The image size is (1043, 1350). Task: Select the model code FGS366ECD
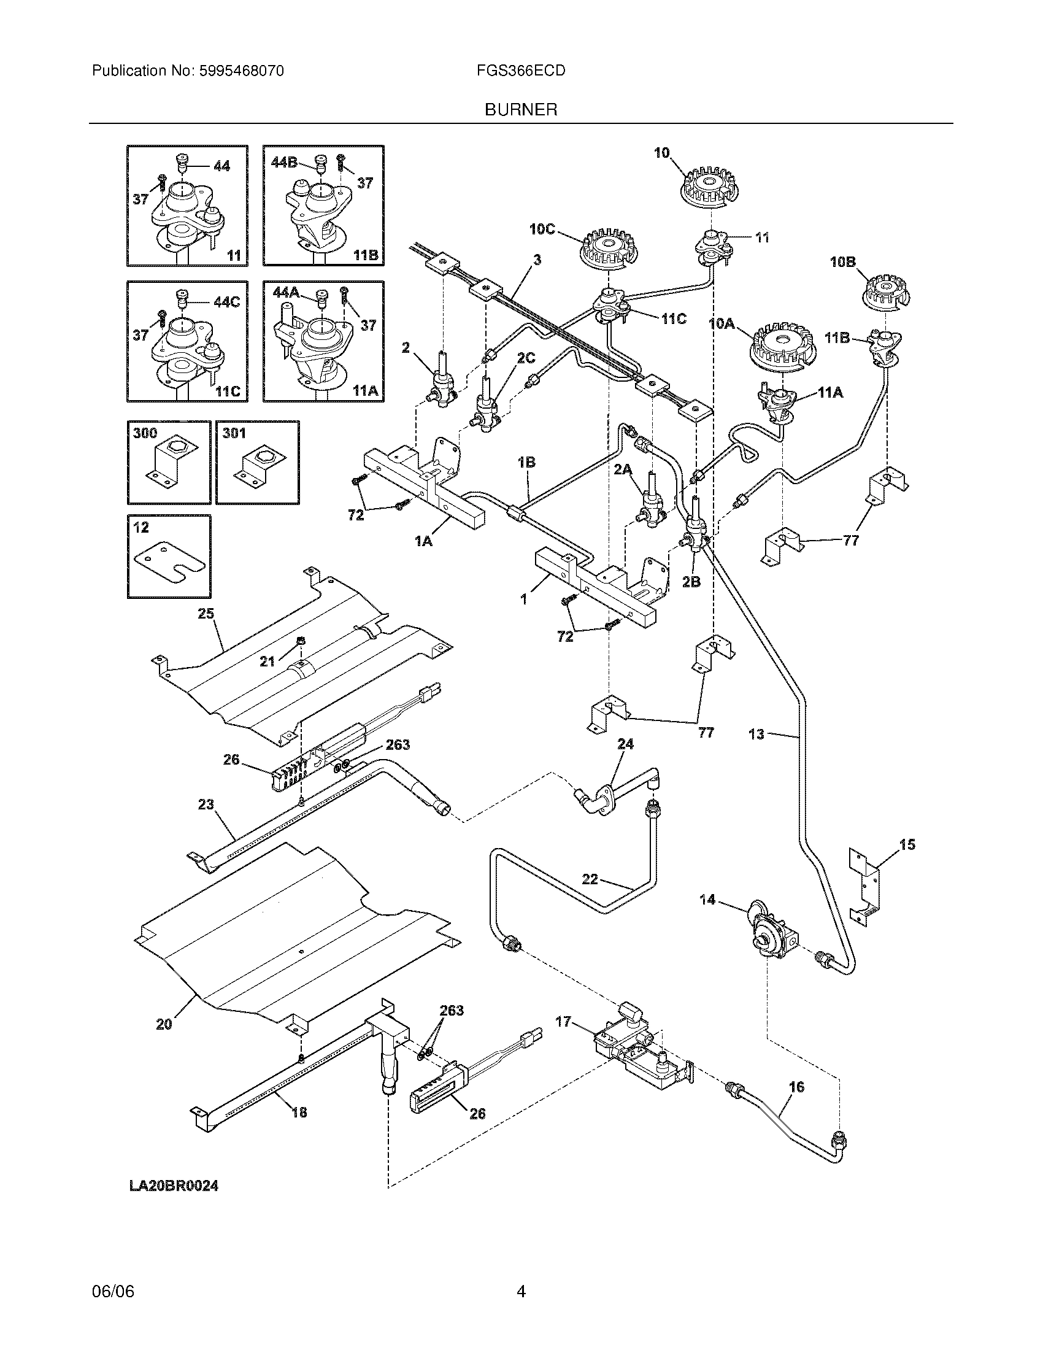520,71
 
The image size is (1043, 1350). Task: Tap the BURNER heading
520,110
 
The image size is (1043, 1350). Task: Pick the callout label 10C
542,229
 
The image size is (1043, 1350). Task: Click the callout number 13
756,735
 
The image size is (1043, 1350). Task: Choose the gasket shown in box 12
169,563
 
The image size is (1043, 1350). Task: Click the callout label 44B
284,163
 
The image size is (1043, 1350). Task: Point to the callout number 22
590,879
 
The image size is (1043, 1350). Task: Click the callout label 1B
526,461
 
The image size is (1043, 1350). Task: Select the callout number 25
206,613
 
